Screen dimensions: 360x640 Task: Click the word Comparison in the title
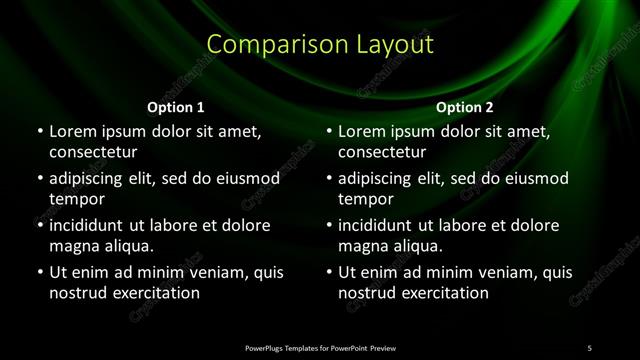pyautogui.click(x=262, y=45)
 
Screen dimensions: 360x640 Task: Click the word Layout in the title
pyautogui.click(x=395, y=45)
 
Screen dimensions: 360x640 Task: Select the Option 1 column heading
pyautogui.click(x=176, y=106)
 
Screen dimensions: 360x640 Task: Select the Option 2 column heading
pyautogui.click(x=465, y=106)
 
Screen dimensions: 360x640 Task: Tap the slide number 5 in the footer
pyautogui.click(x=590, y=347)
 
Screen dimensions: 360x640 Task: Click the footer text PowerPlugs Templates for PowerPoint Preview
pyautogui.click(x=320, y=347)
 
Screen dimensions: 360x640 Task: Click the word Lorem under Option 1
pyautogui.click(x=73, y=131)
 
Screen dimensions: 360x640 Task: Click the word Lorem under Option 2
pyautogui.click(x=363, y=131)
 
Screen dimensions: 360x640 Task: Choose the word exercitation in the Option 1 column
pyautogui.click(x=154, y=293)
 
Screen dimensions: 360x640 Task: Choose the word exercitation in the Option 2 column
pyautogui.click(x=444, y=293)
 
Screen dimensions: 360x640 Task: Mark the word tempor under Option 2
pyautogui.click(x=366, y=200)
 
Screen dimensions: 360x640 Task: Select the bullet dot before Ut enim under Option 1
pyautogui.click(x=39, y=272)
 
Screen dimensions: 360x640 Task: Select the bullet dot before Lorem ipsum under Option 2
pyautogui.click(x=329, y=131)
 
